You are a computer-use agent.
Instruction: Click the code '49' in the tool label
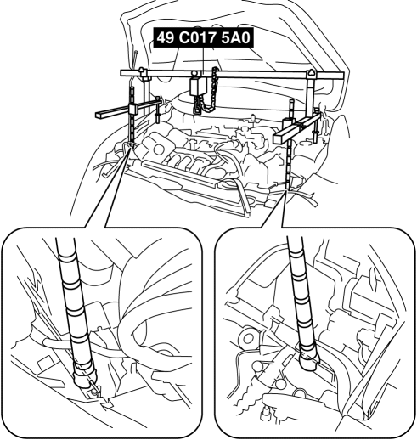point(165,37)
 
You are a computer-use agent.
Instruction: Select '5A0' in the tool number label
point(236,37)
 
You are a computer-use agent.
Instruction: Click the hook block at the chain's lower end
point(197,108)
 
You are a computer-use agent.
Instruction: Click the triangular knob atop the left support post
point(141,70)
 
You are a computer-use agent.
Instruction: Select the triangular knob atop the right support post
point(311,72)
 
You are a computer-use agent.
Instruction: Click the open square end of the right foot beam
point(279,138)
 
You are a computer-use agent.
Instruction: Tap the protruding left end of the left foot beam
point(99,114)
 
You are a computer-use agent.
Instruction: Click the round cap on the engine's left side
point(158,149)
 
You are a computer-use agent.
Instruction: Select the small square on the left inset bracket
point(44,364)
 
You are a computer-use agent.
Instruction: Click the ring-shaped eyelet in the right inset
point(248,338)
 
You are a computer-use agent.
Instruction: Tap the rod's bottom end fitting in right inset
point(309,358)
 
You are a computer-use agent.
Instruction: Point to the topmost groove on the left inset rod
point(68,257)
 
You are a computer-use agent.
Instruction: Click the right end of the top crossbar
point(342,76)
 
